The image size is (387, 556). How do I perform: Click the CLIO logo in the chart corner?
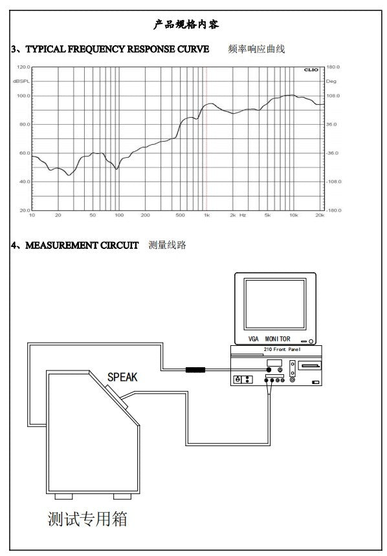(311, 70)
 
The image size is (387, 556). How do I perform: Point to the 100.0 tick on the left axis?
(23, 96)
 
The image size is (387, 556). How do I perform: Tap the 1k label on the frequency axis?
(206, 215)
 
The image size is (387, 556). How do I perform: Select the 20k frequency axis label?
(320, 215)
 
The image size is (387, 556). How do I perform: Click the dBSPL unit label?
(21, 81)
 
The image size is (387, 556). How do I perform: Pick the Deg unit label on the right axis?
(331, 81)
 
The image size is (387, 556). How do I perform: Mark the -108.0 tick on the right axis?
(334, 182)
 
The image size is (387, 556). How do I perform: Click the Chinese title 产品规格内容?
(186, 25)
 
